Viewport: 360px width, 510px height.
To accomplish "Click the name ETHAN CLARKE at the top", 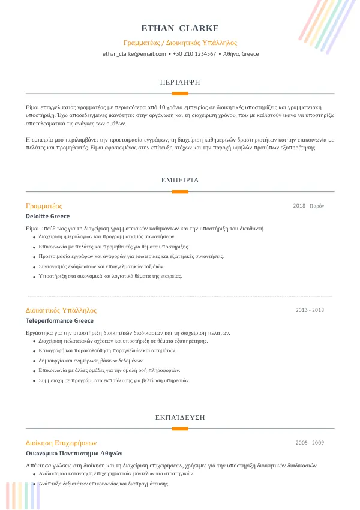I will [x=180, y=28].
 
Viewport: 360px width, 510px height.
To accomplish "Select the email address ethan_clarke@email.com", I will [x=134, y=54].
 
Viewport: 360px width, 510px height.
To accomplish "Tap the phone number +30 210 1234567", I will [x=194, y=54].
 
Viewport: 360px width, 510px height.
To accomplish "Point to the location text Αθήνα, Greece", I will [x=241, y=54].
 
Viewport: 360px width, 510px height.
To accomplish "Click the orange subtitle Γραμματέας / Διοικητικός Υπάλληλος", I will [x=180, y=43].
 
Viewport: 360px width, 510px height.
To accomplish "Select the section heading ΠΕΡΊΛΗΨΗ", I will [x=180, y=82].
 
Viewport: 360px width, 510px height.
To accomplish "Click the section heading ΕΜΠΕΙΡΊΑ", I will [x=180, y=180].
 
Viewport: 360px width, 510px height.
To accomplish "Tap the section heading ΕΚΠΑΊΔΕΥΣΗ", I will [x=180, y=416].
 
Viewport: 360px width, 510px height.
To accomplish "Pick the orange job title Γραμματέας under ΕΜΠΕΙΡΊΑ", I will [x=44, y=206].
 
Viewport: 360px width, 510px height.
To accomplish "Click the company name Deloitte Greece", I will [x=47, y=217].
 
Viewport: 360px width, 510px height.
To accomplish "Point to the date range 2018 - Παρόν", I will [x=308, y=206].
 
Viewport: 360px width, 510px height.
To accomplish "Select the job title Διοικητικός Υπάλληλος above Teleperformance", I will [x=61, y=310].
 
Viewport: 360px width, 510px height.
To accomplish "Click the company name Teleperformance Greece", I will [x=59, y=321].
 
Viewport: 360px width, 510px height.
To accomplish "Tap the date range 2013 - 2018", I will [x=310, y=310].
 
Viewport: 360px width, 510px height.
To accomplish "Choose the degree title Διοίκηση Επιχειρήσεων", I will [x=61, y=443].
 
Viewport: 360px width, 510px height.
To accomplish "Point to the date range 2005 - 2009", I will [x=310, y=443].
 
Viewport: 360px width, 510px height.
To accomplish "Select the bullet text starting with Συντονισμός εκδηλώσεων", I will [x=101, y=266].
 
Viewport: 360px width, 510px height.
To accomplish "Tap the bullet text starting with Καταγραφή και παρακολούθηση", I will [x=107, y=350].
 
